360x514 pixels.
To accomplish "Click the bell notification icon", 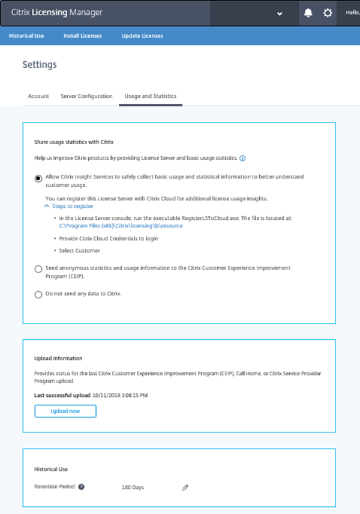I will (x=308, y=13).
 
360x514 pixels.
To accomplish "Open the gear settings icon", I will (x=328, y=13).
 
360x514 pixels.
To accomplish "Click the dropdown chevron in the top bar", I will (x=280, y=13).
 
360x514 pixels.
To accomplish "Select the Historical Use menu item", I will (x=26, y=36).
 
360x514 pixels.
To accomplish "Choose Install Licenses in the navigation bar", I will (x=83, y=36).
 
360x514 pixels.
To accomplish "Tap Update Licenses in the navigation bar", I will (x=142, y=36).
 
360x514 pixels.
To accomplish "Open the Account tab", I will (x=38, y=96).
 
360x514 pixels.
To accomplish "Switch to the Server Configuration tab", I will (x=86, y=96).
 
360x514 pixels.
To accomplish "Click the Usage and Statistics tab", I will (x=150, y=96).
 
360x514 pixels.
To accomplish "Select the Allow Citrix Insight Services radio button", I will (x=38, y=178).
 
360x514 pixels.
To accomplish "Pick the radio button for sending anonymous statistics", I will (x=38, y=269).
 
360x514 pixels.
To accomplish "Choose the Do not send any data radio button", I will (x=38, y=294).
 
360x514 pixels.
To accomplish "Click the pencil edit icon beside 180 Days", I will (x=185, y=488).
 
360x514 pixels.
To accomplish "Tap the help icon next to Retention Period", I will (x=82, y=486).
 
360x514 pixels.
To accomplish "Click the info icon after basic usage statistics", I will (x=242, y=159).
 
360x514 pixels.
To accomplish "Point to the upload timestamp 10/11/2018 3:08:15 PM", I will (x=120, y=396).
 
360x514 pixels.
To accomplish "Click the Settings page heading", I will (x=40, y=64).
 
